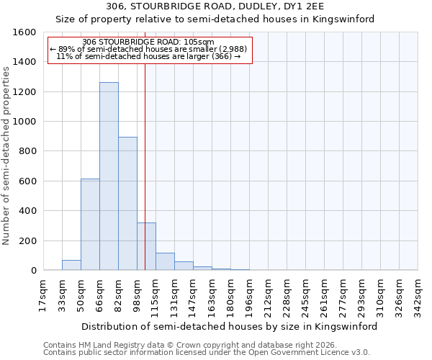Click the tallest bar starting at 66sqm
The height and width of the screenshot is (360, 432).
click(x=109, y=176)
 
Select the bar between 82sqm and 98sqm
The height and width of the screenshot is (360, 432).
click(x=127, y=204)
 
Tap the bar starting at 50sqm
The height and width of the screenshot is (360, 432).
click(x=90, y=225)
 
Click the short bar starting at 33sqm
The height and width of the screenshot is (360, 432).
click(x=71, y=265)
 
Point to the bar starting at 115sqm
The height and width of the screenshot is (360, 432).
click(x=165, y=262)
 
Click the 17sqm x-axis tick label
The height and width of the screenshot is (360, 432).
click(x=43, y=295)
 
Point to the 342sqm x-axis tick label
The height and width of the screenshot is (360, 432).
click(x=418, y=295)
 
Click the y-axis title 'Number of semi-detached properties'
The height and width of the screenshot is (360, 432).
click(x=6, y=151)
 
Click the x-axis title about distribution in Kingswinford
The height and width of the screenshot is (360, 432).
click(x=230, y=326)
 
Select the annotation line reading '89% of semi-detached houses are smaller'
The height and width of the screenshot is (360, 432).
click(x=150, y=49)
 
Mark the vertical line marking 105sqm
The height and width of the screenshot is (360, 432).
click(x=145, y=180)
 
